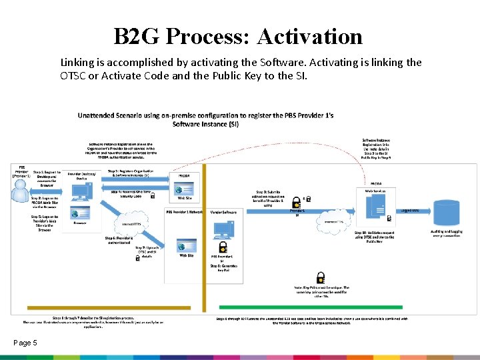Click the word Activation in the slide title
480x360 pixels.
click(309, 36)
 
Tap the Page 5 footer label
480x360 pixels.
click(25, 343)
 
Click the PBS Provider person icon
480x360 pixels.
click(21, 189)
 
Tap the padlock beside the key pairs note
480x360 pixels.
click(321, 276)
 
